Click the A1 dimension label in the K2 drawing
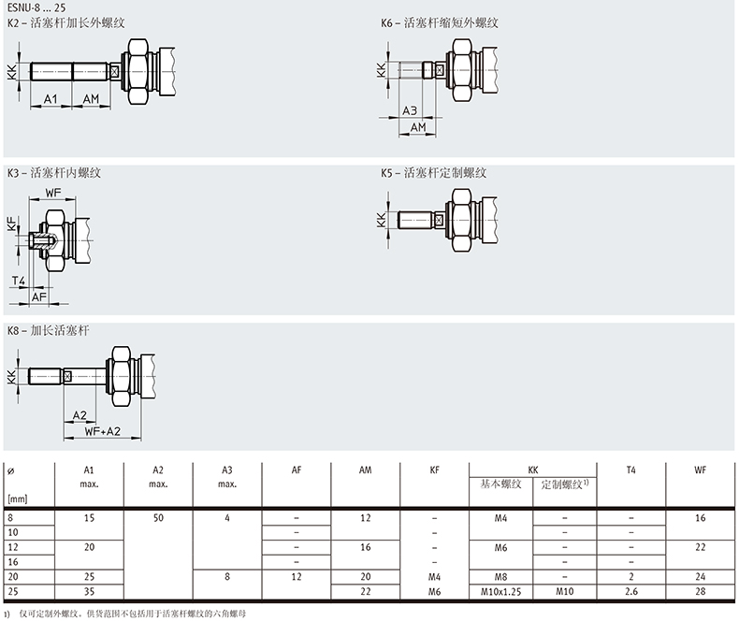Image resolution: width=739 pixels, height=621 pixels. point(51,99)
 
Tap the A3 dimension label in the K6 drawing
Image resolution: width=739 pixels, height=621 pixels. point(410,110)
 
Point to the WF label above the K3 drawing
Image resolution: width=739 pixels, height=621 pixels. point(53,193)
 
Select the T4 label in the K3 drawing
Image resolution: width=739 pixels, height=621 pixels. point(19,282)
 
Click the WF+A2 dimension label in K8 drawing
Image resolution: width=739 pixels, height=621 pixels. point(102,431)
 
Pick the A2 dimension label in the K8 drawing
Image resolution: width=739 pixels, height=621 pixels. point(80,415)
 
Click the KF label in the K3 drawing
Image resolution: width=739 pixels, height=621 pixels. point(12,224)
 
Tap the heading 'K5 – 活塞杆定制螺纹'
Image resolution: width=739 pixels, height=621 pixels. point(434,173)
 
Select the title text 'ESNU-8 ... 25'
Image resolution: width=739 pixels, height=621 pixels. point(36,7)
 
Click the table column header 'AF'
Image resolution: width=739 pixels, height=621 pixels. point(297,469)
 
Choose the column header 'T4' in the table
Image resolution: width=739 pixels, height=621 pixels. point(631,469)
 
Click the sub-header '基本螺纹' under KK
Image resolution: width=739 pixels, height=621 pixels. point(500,484)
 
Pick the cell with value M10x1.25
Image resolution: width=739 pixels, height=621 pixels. point(500,592)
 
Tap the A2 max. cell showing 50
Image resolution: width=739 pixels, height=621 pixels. point(158,518)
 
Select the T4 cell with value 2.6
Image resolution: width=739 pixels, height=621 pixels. point(631,592)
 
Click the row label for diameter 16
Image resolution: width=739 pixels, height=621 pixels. point(13,562)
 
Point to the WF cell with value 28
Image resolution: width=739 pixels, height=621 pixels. point(701,592)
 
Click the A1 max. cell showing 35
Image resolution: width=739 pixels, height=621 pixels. point(89,592)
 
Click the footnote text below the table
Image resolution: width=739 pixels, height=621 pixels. point(132,614)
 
